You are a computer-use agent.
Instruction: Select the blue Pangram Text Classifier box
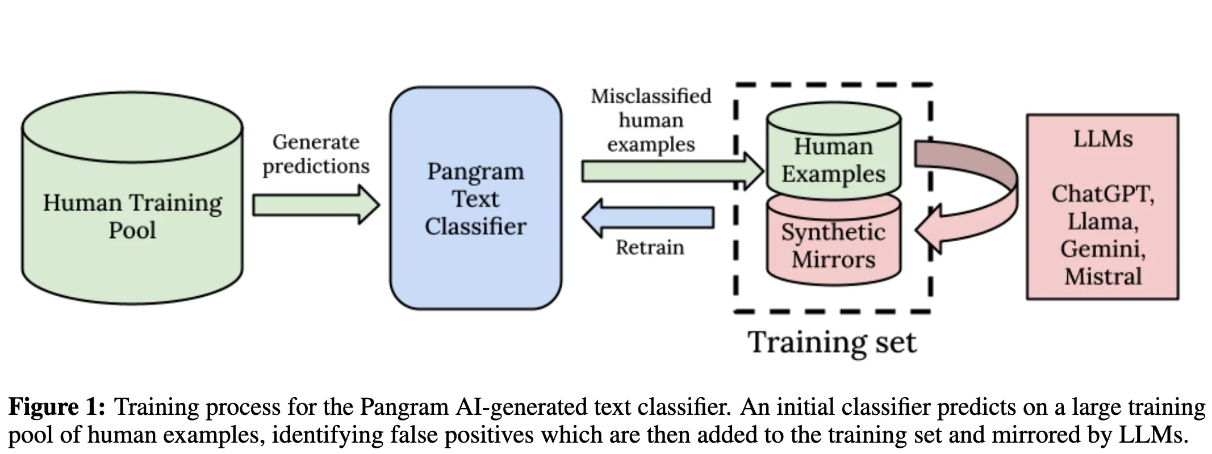tap(475, 199)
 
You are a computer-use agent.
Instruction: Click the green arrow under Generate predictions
tap(315, 204)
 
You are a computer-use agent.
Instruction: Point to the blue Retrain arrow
tap(647, 218)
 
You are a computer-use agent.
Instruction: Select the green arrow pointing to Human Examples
tap(670, 170)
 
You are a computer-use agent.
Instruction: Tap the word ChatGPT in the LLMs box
tap(1102, 194)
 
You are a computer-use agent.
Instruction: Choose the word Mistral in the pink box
tap(1102, 276)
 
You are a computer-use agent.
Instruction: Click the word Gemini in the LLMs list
tap(1102, 249)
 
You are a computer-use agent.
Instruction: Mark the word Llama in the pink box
tap(1102, 221)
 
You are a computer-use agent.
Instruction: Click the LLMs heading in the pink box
tap(1102, 139)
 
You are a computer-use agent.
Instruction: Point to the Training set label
tap(832, 342)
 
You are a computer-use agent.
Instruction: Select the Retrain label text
tap(650, 247)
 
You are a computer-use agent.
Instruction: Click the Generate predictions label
tap(316, 154)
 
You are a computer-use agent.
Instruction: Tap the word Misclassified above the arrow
tap(651, 96)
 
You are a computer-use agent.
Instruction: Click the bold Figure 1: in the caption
tap(57, 407)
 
